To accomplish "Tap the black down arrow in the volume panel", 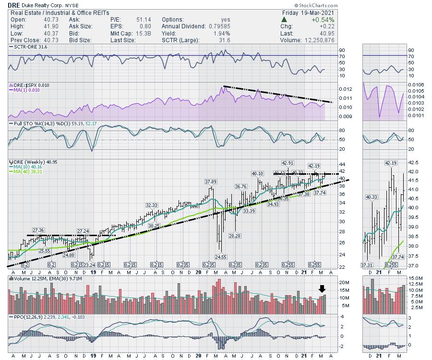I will click(323, 288).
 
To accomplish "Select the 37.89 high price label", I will click(211, 182).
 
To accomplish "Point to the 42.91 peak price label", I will click(288, 163).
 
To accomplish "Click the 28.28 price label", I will click(235, 236).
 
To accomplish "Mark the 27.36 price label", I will click(38, 230).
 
